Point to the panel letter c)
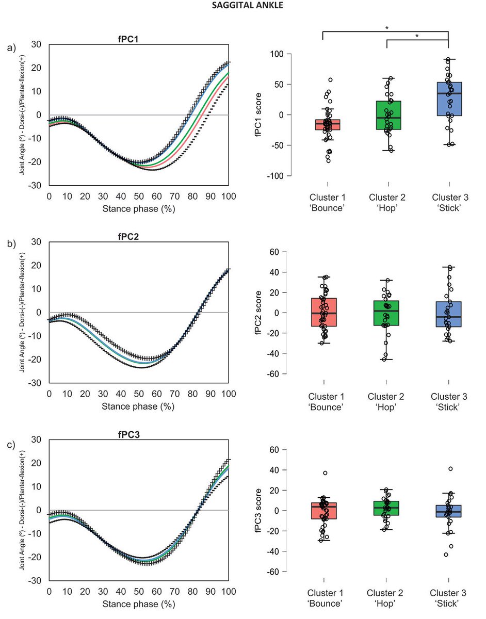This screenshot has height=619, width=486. (x=11, y=444)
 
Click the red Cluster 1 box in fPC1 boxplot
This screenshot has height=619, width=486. (x=328, y=124)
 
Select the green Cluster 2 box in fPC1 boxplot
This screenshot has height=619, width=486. (x=388, y=115)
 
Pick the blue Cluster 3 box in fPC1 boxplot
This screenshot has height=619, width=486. (x=448, y=99)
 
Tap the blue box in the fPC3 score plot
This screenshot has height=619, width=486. (x=448, y=511)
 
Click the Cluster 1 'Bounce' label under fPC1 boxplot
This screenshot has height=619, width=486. (x=328, y=203)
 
